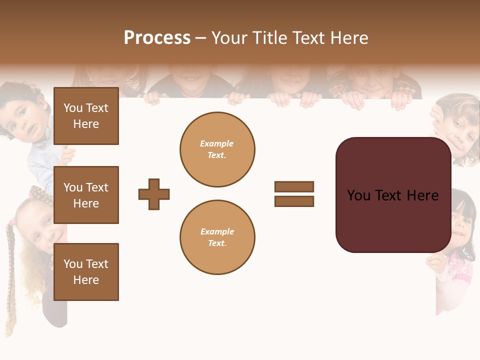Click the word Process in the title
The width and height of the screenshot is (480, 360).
point(157,38)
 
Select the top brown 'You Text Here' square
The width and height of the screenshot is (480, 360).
point(86,116)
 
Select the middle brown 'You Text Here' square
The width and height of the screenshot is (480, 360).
point(86,195)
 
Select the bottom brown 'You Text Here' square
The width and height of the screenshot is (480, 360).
point(86,272)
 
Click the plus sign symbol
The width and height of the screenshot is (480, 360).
point(154,194)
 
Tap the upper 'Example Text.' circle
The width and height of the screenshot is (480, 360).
point(217,149)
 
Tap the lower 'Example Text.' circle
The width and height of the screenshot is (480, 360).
point(217,237)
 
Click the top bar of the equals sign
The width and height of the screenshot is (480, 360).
point(294,186)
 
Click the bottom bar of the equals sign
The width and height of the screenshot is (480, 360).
point(294,201)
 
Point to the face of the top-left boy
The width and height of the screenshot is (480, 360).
point(25,120)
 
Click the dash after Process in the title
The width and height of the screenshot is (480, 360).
point(201,38)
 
